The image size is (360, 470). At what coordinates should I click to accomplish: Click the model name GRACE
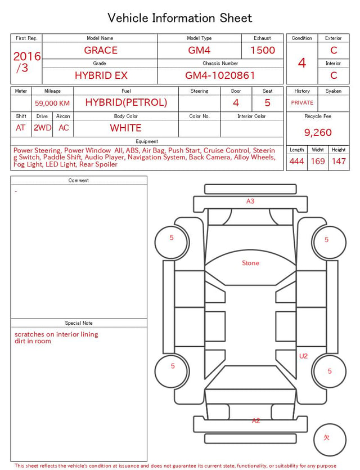pos(101,50)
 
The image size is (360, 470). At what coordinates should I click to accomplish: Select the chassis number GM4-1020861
pos(220,75)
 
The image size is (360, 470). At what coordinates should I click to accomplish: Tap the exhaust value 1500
pos(263,50)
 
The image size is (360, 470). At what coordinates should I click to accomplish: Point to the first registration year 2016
pos(27,56)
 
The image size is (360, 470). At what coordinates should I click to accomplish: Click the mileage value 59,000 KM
pos(52,104)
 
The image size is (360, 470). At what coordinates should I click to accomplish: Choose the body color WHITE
pos(125,128)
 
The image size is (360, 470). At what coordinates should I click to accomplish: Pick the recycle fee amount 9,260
pos(318,132)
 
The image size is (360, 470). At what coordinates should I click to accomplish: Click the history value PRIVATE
pos(302,102)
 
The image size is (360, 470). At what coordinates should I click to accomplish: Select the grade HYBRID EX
pos(101,75)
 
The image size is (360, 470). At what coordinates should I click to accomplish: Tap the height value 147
pos(339,161)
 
